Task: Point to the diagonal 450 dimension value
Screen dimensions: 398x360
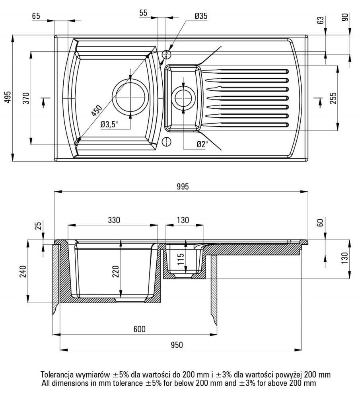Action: (x=97, y=110)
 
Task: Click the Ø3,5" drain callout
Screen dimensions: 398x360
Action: (x=109, y=125)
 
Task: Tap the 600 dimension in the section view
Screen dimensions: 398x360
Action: (x=139, y=329)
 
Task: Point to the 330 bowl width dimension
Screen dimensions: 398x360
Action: (x=113, y=220)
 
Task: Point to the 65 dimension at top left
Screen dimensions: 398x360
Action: (x=36, y=16)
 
